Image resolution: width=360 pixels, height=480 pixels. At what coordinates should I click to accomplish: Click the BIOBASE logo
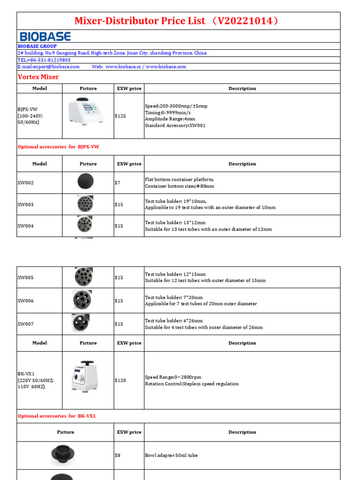coord(45,37)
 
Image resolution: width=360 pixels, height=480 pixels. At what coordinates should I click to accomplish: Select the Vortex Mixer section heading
coord(38,77)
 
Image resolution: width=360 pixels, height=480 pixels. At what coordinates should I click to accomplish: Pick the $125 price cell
coord(120,116)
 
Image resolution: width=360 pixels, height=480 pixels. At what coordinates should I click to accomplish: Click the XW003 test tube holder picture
coord(85,204)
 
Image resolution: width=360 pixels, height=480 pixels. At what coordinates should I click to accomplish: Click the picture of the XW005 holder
coord(84,277)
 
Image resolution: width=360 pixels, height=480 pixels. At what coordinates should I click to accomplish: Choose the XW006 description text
coord(201,300)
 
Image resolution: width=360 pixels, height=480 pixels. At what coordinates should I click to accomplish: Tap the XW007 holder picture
coord(81,323)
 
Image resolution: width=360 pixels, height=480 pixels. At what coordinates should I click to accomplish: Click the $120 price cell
coord(120,381)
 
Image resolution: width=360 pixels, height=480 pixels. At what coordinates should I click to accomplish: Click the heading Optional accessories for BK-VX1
coord(57,416)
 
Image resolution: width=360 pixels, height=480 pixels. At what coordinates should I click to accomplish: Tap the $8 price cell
coord(118,455)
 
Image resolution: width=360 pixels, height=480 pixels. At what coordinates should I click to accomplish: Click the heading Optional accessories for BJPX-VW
coord(59,147)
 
